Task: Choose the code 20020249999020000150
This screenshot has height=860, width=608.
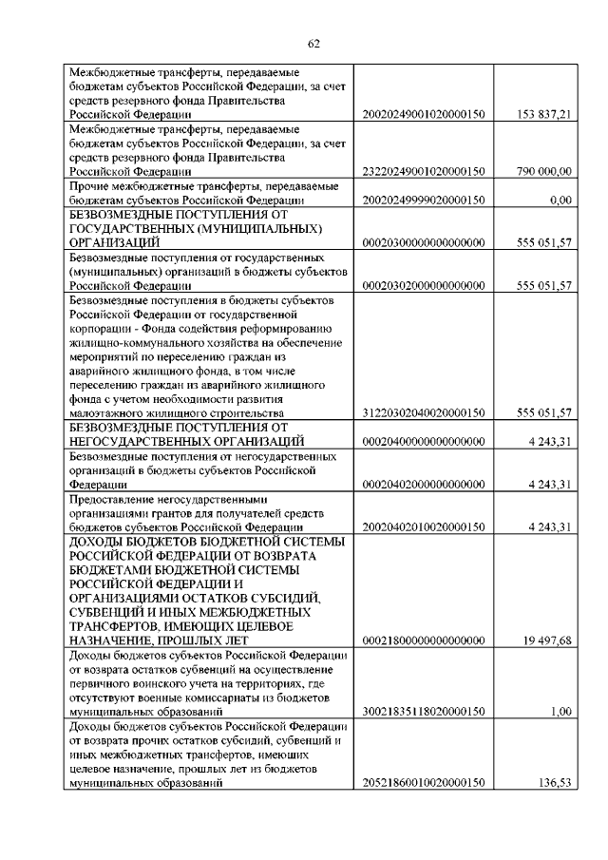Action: (x=424, y=200)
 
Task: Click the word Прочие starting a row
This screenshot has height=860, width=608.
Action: (x=88, y=185)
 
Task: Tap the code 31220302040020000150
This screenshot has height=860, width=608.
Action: (x=424, y=412)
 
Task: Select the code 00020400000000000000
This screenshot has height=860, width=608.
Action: (x=424, y=441)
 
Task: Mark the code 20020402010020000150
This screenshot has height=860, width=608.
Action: (x=424, y=526)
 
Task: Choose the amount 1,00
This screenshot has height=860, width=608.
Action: (x=560, y=711)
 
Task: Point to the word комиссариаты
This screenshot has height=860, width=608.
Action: (x=200, y=697)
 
